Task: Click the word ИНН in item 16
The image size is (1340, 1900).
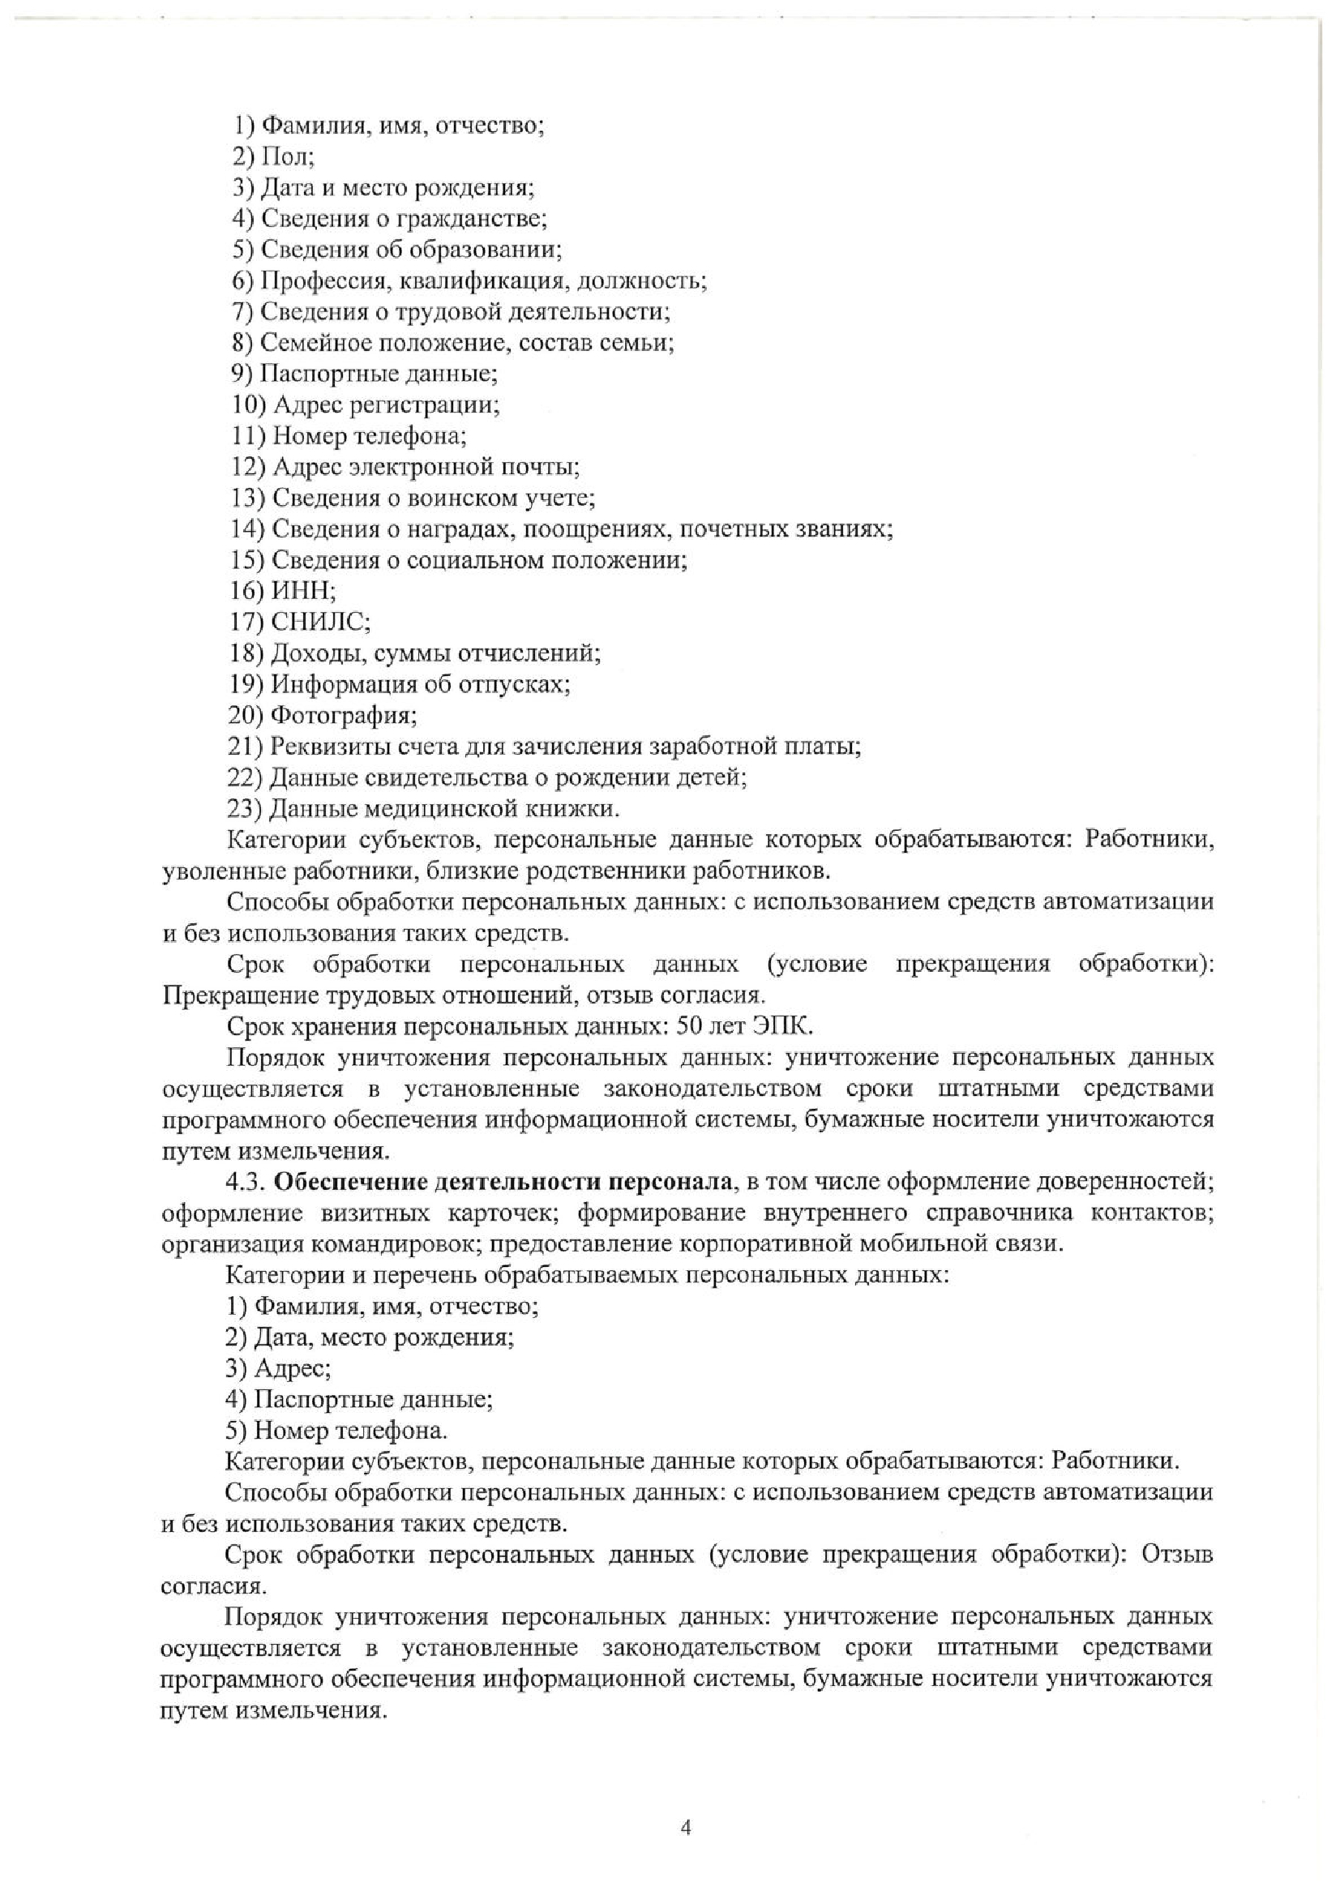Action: tap(302, 591)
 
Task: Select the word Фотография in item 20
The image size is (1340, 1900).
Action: tap(343, 715)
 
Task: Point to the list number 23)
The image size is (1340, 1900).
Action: tap(245, 807)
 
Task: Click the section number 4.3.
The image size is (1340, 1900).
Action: tap(246, 1182)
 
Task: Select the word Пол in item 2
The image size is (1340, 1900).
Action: tap(285, 156)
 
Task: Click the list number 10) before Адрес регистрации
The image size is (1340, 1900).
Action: tap(247, 404)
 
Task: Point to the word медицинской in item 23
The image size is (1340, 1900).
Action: tap(431, 807)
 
